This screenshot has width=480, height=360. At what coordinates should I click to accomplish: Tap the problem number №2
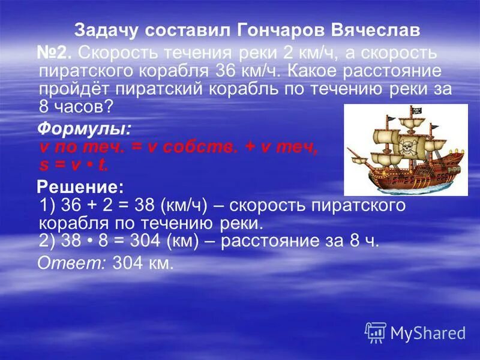(55, 53)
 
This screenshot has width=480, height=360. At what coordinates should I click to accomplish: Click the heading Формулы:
(85, 129)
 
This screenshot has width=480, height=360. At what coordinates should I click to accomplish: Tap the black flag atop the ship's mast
(415, 112)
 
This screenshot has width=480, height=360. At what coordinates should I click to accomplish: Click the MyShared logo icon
(376, 332)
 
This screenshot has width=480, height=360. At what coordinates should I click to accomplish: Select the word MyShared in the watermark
(428, 333)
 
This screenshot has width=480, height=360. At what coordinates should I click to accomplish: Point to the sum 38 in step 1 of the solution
(141, 206)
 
